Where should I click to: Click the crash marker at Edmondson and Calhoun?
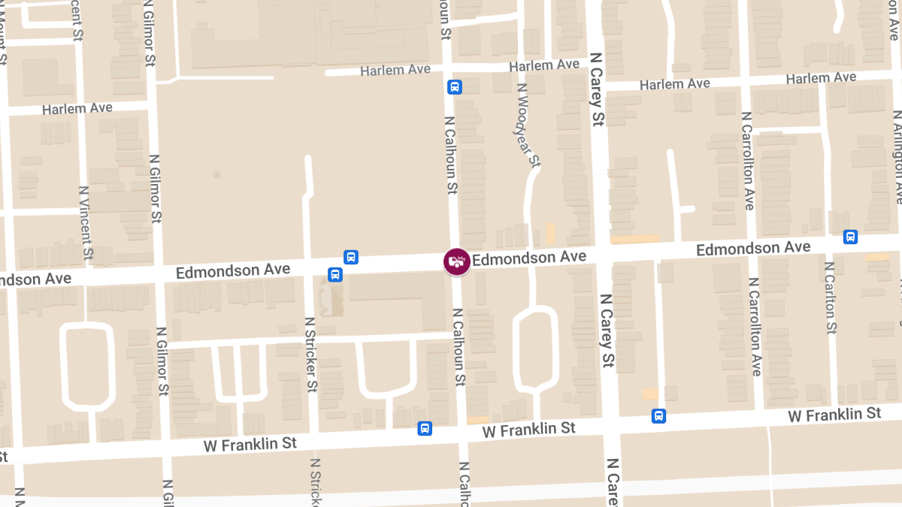point(456,261)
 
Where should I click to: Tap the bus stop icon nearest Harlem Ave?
point(454,86)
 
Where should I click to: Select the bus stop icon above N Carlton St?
point(850,237)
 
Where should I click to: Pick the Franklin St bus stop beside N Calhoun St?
point(425,428)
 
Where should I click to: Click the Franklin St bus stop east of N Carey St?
point(658,415)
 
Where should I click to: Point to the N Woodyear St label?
point(529,125)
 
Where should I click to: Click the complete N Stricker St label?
point(310,354)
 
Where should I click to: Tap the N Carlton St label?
point(831,297)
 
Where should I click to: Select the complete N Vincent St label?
point(86,223)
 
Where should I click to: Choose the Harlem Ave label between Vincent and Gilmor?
point(77,109)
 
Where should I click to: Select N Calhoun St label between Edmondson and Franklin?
point(457,346)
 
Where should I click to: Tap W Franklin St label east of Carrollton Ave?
point(834,415)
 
